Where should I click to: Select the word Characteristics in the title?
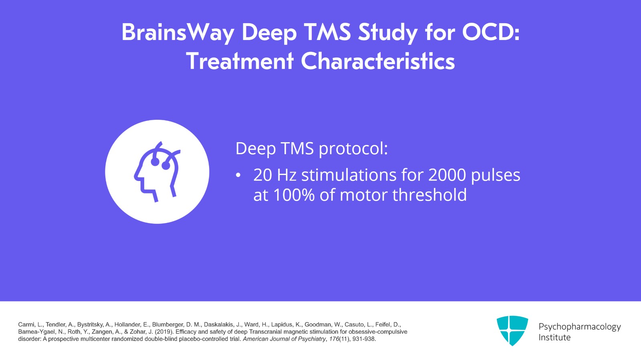click(x=377, y=61)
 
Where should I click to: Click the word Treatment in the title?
click(x=240, y=61)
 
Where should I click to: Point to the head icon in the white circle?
click(x=157, y=171)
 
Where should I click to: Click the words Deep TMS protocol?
click(x=311, y=149)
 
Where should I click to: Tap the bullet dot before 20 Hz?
click(x=238, y=175)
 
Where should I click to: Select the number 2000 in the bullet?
click(x=447, y=175)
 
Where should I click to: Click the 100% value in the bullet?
click(x=294, y=195)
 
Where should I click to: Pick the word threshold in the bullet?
click(x=429, y=195)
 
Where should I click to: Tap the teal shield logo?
click(x=512, y=330)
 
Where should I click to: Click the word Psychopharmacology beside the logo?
click(x=579, y=327)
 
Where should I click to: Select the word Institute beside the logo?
click(x=554, y=338)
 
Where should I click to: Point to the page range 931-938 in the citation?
click(x=364, y=339)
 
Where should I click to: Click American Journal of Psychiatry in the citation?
click(x=284, y=339)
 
